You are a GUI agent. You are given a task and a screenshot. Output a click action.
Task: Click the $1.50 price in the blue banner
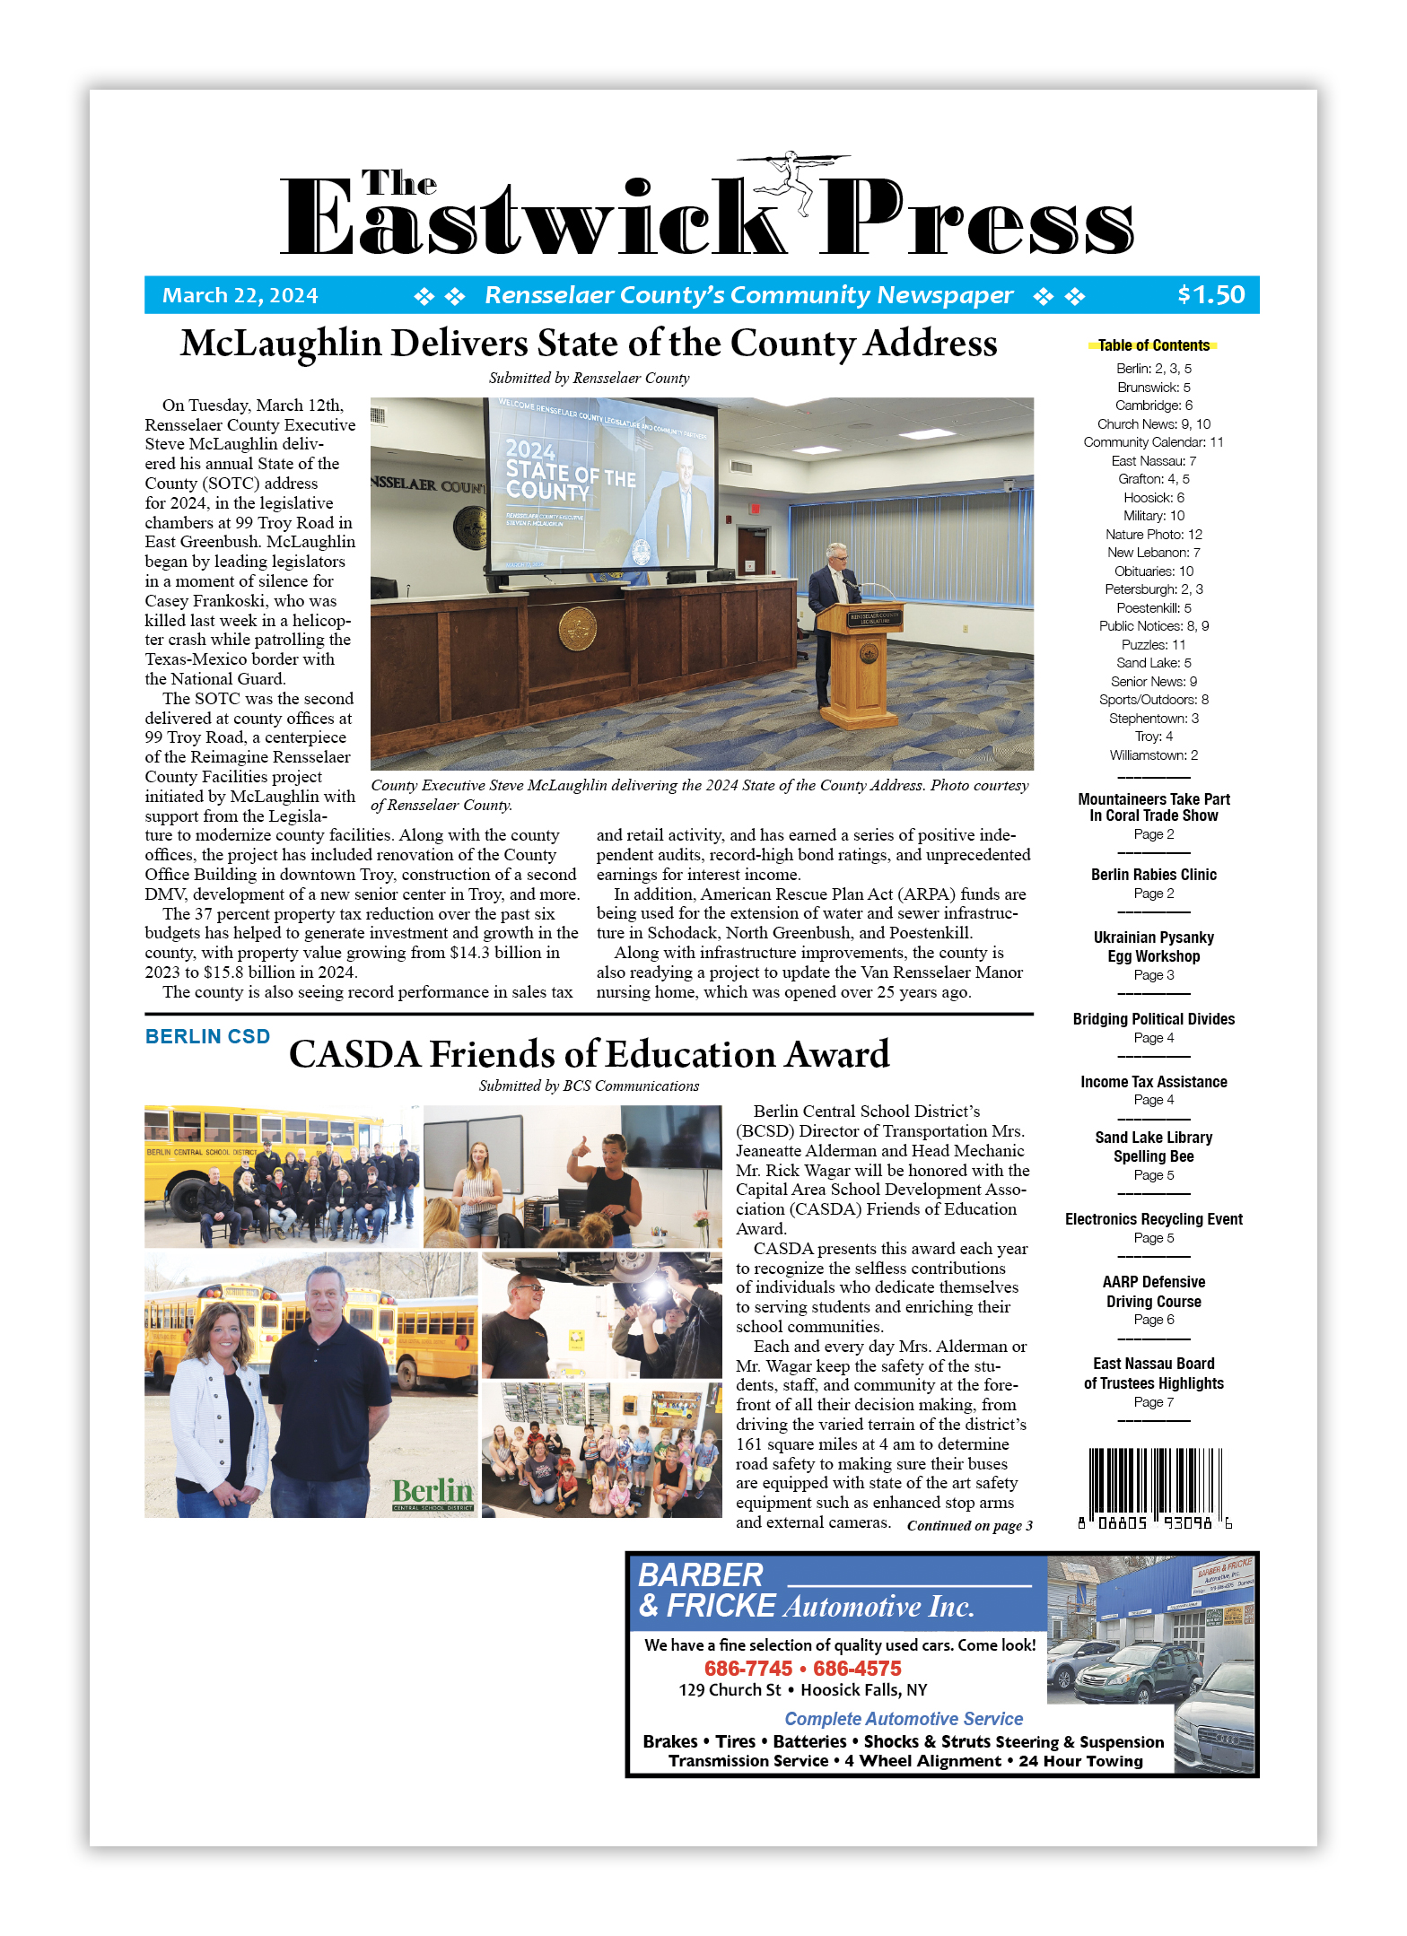click(1210, 295)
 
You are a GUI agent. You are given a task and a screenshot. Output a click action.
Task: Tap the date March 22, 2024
click(240, 296)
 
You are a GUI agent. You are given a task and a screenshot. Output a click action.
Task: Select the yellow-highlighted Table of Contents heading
click(1153, 345)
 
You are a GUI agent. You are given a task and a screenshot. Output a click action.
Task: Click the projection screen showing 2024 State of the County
click(600, 484)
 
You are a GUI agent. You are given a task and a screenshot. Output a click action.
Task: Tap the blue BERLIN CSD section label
click(207, 1037)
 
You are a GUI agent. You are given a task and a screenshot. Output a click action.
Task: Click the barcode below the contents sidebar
click(1154, 1486)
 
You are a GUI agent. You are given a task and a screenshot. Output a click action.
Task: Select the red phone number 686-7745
click(748, 1669)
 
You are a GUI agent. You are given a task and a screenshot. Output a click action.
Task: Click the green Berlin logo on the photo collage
click(433, 1493)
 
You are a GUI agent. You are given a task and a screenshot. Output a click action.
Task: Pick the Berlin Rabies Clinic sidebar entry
click(1153, 875)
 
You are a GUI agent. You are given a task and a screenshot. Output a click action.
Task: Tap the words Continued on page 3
click(969, 1525)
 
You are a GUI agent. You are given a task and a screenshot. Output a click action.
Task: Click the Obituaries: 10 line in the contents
click(1153, 571)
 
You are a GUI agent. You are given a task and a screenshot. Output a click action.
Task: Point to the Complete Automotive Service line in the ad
click(904, 1719)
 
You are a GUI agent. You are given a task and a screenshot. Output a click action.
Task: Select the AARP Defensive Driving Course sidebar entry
click(1153, 1292)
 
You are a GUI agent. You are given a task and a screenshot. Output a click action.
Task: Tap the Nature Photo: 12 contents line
click(1153, 535)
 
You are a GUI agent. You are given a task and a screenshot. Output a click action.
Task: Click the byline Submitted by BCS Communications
click(589, 1086)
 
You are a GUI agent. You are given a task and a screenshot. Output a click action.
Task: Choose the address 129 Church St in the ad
click(730, 1690)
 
